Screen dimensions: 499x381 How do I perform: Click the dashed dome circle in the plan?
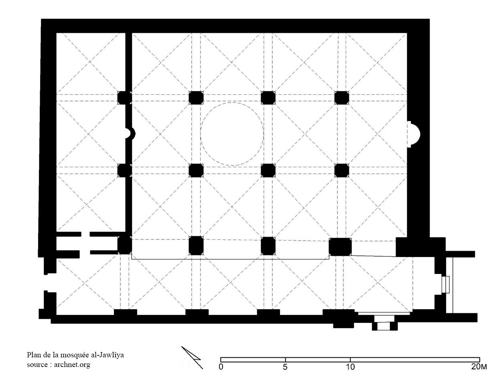click(232, 103)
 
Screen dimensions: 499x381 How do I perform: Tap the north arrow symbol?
click(192, 357)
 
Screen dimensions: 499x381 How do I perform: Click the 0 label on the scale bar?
click(221, 367)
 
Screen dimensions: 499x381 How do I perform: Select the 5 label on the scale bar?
click(285, 367)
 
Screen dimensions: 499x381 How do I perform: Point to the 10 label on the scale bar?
click(350, 367)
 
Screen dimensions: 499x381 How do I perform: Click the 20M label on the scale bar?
click(479, 367)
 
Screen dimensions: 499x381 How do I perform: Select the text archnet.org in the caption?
click(72, 365)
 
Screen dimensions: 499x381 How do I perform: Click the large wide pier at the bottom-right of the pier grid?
click(340, 247)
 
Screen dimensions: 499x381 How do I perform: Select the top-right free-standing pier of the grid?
click(342, 98)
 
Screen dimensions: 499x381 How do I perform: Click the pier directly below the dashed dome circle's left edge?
click(196, 170)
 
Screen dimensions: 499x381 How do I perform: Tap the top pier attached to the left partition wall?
click(125, 98)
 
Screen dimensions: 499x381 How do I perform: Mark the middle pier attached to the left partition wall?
click(125, 170)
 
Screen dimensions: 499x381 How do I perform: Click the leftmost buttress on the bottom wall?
click(125, 312)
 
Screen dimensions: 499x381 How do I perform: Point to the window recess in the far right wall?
click(446, 284)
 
